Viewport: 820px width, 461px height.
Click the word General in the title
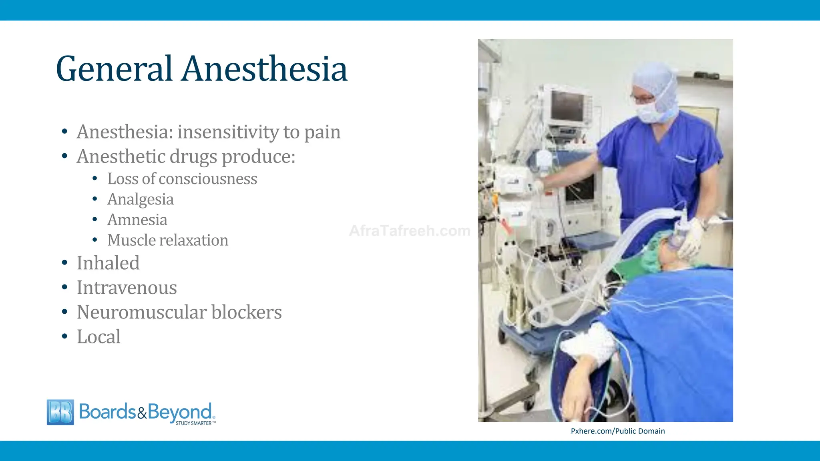point(114,69)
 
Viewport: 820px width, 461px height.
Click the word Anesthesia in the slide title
point(265,69)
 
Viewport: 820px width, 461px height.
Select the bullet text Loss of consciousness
point(182,179)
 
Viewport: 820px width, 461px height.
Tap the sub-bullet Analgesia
point(141,199)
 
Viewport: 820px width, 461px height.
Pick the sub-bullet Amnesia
point(137,220)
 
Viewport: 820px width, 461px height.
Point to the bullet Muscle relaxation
point(168,240)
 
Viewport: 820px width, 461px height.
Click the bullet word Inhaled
point(108,263)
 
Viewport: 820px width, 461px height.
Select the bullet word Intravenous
point(127,288)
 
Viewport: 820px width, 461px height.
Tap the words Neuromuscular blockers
point(179,312)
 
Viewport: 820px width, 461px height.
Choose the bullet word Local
point(98,337)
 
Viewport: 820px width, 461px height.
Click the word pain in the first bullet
point(322,132)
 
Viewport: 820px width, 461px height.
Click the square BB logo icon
point(60,412)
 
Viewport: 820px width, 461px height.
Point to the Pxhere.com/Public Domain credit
point(617,431)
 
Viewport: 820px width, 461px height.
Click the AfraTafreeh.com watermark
point(410,231)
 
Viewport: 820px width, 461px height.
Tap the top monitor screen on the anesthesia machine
point(567,106)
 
